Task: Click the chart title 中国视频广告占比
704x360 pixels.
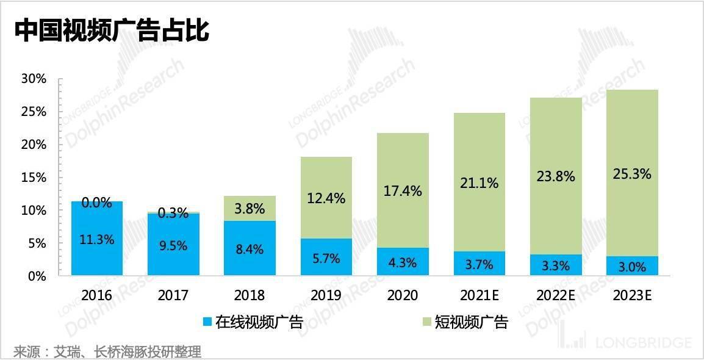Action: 112,31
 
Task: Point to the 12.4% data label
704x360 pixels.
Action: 326,198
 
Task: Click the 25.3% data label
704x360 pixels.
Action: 632,175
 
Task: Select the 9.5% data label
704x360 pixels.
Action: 173,246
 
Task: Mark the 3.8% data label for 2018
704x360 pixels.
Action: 250,209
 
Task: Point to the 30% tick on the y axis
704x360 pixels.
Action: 34,79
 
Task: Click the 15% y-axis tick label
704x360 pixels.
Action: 34,178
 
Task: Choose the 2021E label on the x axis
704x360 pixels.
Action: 479,296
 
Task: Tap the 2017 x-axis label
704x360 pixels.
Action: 173,296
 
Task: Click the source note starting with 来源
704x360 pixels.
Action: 107,351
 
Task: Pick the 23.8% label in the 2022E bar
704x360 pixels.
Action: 556,177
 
